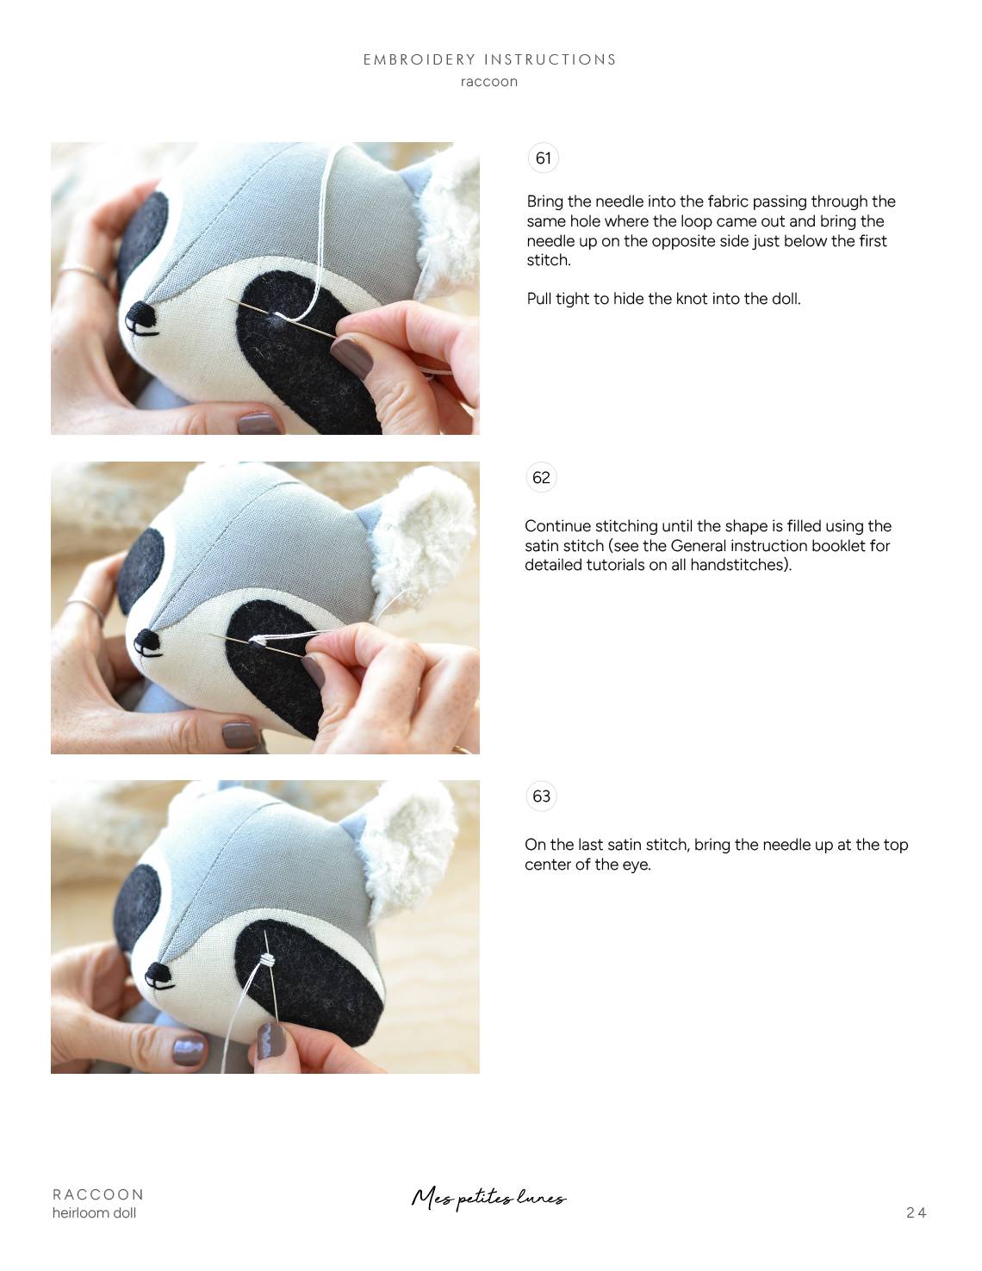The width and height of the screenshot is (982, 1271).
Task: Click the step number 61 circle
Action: tap(543, 158)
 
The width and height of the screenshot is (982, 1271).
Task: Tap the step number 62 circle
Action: tap(541, 477)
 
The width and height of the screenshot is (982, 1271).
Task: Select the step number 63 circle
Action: tap(541, 796)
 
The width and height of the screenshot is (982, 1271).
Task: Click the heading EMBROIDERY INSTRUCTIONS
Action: tap(489, 59)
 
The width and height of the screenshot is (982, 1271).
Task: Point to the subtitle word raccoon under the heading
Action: tap(489, 82)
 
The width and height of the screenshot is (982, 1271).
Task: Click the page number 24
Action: tap(916, 1212)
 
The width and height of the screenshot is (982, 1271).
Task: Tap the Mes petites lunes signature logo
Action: tap(488, 1198)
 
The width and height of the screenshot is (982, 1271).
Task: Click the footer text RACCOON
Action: tap(98, 1194)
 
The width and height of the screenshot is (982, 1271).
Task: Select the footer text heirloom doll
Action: tap(94, 1213)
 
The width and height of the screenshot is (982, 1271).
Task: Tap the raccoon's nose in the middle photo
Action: tap(148, 641)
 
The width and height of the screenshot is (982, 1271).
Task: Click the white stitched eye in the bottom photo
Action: tap(270, 959)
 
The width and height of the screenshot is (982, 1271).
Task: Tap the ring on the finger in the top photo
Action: tap(84, 273)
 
